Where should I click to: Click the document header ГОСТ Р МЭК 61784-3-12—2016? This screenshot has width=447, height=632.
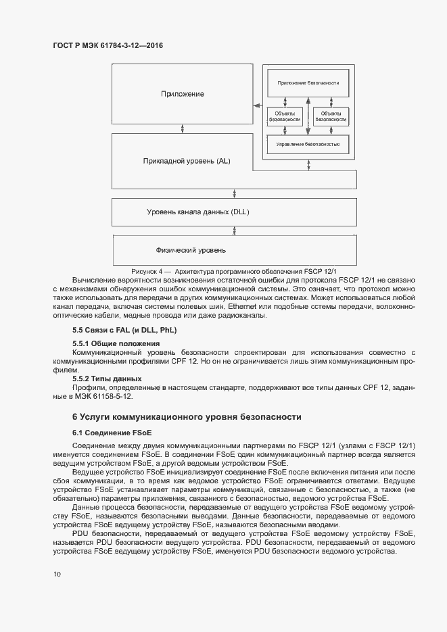pyautogui.click(x=108, y=46)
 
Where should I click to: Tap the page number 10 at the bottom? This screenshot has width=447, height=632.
pyautogui.click(x=57, y=574)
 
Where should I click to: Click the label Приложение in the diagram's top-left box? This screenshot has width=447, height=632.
pyautogui.click(x=182, y=94)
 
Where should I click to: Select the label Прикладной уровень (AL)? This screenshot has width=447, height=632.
pyautogui.click(x=187, y=162)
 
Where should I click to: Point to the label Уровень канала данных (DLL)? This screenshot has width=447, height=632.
pyautogui.click(x=198, y=212)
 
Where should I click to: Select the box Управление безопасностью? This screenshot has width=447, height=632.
pyautogui.click(x=308, y=145)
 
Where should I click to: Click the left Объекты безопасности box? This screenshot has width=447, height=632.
pyautogui.click(x=285, y=116)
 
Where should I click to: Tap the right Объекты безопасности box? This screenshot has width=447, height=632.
pyautogui.click(x=331, y=116)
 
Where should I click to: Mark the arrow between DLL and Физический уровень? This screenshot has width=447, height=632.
pyautogui.click(x=234, y=231)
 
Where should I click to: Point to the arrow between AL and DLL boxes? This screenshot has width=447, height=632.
pyautogui.click(x=234, y=193)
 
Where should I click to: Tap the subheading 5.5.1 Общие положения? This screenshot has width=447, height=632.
pyautogui.click(x=111, y=344)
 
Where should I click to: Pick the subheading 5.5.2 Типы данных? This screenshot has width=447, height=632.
pyautogui.click(x=107, y=379)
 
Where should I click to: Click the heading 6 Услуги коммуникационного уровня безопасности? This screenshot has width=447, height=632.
pyautogui.click(x=187, y=417)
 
